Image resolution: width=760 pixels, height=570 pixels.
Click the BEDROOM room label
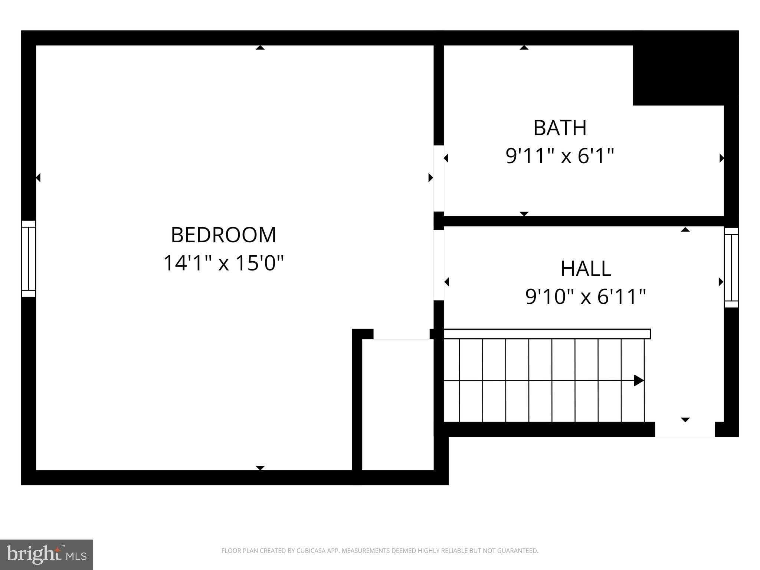coord(223,235)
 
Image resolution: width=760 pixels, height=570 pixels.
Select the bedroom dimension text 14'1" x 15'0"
coord(223,263)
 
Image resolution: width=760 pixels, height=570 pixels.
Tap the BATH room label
coord(560,128)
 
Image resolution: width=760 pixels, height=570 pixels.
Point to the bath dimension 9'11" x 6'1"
coord(560,155)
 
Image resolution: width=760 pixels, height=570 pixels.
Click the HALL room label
coord(586,269)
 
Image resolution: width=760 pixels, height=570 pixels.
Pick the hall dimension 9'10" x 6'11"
coord(586,297)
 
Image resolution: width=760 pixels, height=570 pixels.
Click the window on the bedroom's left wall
coord(29,259)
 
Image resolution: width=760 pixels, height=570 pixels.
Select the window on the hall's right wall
coord(731,267)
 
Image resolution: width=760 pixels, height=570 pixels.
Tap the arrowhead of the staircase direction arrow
coord(639,380)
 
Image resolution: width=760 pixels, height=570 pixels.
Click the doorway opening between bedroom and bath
coord(439,178)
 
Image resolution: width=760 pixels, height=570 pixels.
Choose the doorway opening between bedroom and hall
coord(439,265)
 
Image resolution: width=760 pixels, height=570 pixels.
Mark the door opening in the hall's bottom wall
coord(685,429)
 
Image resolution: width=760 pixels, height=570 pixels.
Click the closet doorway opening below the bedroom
coord(401,334)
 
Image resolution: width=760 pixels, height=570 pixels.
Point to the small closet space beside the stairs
coord(397,404)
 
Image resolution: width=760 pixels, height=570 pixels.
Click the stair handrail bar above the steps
coord(547,334)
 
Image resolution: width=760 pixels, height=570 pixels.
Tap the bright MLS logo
coord(46,555)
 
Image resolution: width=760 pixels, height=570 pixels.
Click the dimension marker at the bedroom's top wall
coord(260,47)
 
